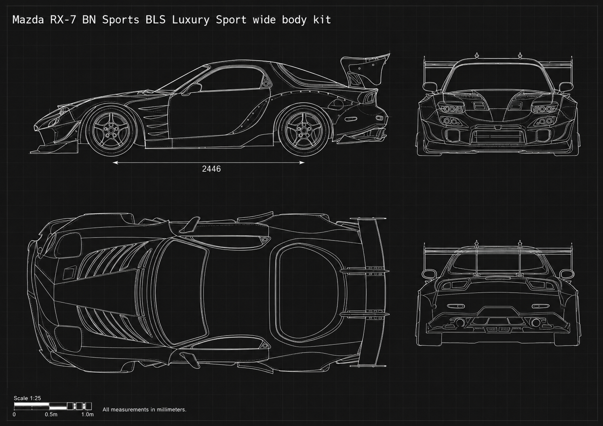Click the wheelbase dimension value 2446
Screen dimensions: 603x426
tap(211, 169)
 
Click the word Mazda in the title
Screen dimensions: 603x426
tap(28, 20)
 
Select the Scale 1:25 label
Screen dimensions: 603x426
tap(27, 398)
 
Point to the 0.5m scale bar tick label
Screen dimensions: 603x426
tap(51, 414)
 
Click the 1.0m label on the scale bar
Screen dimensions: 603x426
tap(87, 414)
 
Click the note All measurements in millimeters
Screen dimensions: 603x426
tap(144, 409)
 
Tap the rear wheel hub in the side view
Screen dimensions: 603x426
tap(304, 131)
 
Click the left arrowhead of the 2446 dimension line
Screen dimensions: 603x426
tap(115, 162)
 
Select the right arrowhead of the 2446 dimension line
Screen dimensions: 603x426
tap(302, 162)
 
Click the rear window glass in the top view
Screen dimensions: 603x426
tap(307, 293)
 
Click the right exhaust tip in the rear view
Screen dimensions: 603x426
tap(536, 322)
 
